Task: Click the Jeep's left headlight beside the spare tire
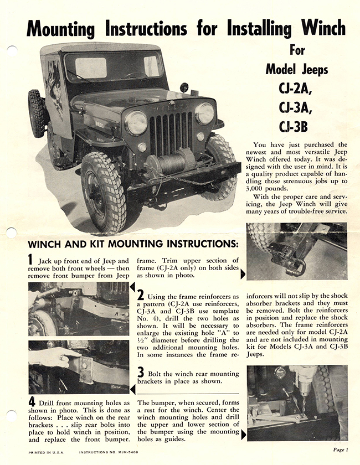tap(136, 122)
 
